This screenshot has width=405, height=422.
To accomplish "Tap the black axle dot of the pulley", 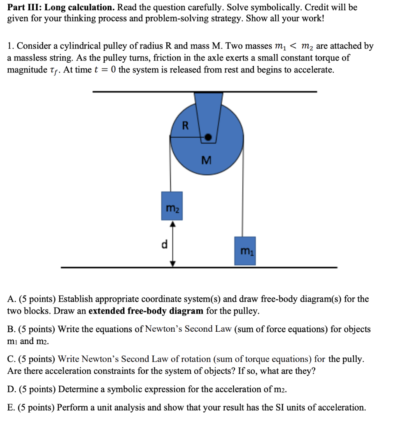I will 209,138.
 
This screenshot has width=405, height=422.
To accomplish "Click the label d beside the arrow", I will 164,244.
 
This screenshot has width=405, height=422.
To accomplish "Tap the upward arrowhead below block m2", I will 173,224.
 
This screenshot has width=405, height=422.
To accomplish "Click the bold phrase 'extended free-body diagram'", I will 146,311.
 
